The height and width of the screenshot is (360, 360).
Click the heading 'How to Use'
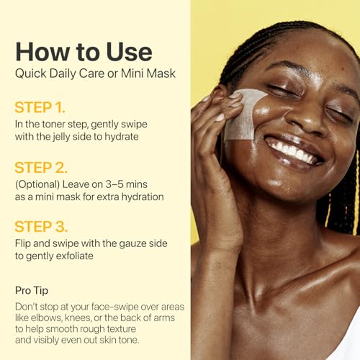pos(84,52)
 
